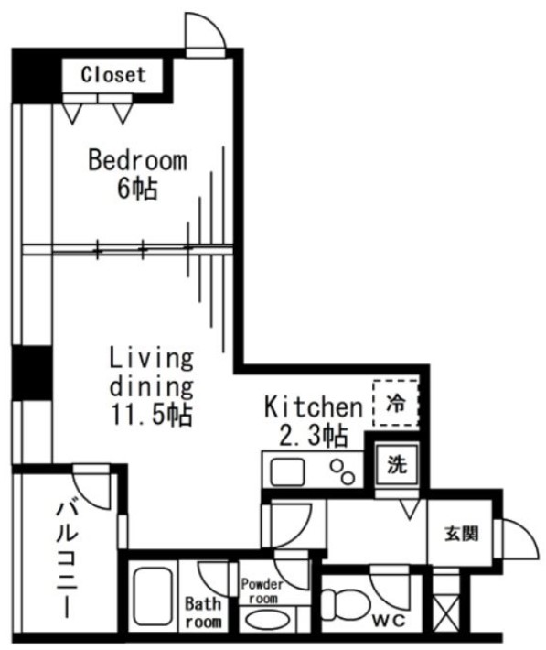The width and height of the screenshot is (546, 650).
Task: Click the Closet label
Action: click(x=113, y=75)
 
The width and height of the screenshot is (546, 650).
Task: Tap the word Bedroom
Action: click(x=137, y=161)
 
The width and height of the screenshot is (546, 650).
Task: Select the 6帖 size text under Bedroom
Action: click(x=137, y=190)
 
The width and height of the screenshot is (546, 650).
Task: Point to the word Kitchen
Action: click(x=313, y=406)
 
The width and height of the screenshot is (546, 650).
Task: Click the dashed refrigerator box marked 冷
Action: click(x=395, y=402)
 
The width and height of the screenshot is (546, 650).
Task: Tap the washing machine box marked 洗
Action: click(x=395, y=465)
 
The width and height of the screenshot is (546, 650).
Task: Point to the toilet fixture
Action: click(x=341, y=603)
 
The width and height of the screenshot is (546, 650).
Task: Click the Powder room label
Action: click(x=262, y=590)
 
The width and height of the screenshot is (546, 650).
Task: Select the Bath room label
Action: click(x=203, y=612)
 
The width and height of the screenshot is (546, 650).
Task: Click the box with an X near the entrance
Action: click(x=444, y=612)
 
